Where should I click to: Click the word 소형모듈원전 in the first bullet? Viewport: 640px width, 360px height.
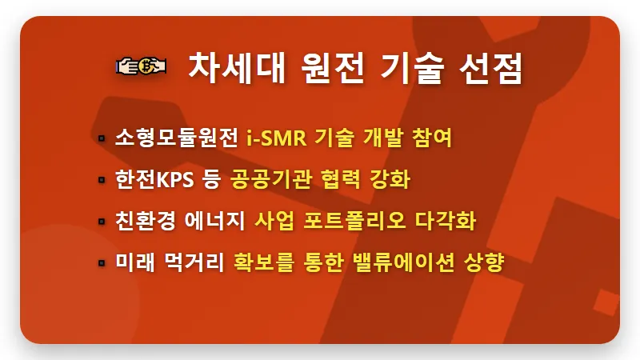pos(177,138)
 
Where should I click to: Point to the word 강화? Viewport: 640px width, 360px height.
pos(390,179)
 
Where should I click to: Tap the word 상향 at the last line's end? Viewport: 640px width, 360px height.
pos(483,262)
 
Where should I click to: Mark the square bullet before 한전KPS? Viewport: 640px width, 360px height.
pos(102,180)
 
